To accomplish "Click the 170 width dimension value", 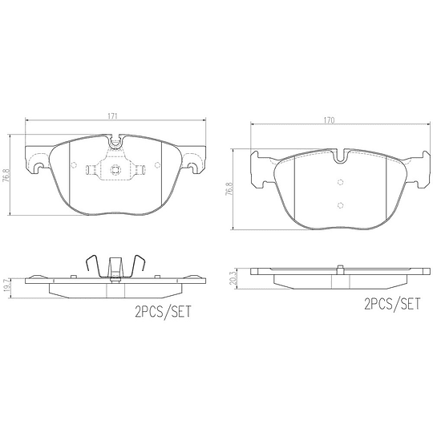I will [x=329, y=120].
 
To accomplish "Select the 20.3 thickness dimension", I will [x=233, y=276].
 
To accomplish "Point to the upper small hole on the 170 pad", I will [x=340, y=181].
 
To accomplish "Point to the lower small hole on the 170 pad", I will [x=340, y=204].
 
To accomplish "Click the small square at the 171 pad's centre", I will [x=114, y=169].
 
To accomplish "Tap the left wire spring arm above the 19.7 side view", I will [x=91, y=265].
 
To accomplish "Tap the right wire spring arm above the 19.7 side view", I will [x=138, y=265].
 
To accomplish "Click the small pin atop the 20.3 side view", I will [x=340, y=266].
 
